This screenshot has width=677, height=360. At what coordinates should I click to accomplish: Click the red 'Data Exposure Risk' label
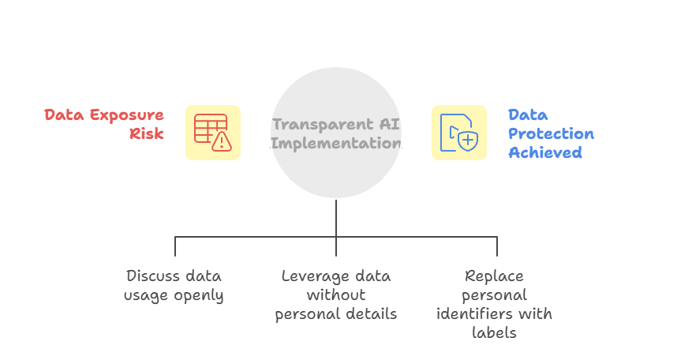point(104,124)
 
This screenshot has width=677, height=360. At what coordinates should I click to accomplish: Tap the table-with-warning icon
point(213,133)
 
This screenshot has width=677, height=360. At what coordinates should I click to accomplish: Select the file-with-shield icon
point(459,133)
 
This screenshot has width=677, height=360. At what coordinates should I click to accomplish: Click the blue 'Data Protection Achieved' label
point(551,133)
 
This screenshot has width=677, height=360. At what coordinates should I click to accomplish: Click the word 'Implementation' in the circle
point(336,143)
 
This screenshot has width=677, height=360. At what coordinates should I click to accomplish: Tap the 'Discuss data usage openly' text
point(174,286)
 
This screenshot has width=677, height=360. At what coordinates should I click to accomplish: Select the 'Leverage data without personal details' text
point(336,295)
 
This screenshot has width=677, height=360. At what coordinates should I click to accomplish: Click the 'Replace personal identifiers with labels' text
point(495,305)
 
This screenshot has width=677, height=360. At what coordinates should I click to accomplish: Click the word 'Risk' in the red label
point(147,133)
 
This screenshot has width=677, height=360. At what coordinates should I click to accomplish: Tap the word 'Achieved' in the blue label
point(545,152)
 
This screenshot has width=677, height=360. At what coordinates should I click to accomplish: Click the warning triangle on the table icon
point(223,141)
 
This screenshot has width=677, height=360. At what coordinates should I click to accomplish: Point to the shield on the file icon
point(467,141)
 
